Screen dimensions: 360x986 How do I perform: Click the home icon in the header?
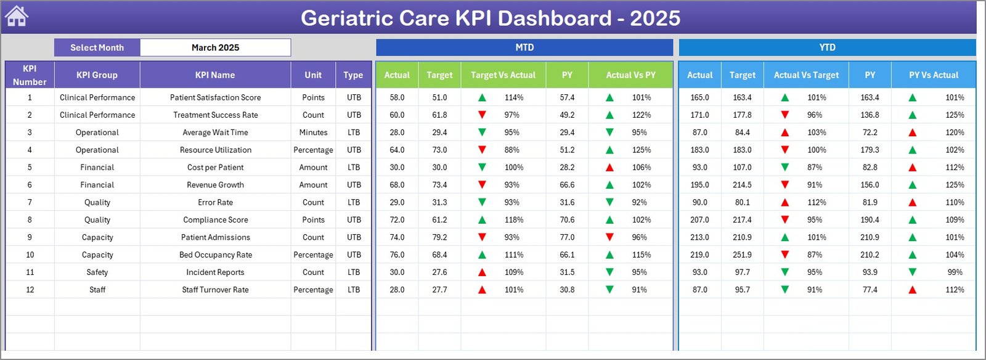tap(17, 17)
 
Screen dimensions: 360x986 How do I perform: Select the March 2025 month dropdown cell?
tap(215, 47)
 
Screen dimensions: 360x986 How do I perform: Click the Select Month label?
tap(97, 47)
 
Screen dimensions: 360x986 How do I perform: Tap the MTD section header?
tap(524, 47)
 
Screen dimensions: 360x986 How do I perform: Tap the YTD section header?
tap(827, 47)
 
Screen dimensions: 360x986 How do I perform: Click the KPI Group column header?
tap(97, 75)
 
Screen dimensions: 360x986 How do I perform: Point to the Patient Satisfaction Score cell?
tap(215, 97)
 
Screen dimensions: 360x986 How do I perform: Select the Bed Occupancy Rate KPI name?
tap(215, 255)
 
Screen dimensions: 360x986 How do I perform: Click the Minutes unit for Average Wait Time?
tap(313, 133)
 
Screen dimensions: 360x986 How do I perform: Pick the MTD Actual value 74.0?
tap(397, 237)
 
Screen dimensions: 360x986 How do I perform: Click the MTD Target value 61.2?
tap(439, 219)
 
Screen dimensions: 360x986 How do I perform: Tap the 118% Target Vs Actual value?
tap(513, 219)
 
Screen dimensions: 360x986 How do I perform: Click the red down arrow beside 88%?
tap(482, 150)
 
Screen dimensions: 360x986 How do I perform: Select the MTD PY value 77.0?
tap(567, 237)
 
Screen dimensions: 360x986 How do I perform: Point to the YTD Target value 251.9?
tap(742, 255)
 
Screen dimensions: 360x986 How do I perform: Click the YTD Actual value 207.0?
tap(699, 219)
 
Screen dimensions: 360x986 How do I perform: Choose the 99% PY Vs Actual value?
tap(955, 272)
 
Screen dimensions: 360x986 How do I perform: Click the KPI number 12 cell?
tap(30, 290)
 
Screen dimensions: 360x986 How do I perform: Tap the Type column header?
tap(353, 75)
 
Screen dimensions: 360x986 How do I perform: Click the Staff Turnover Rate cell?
tap(215, 290)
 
